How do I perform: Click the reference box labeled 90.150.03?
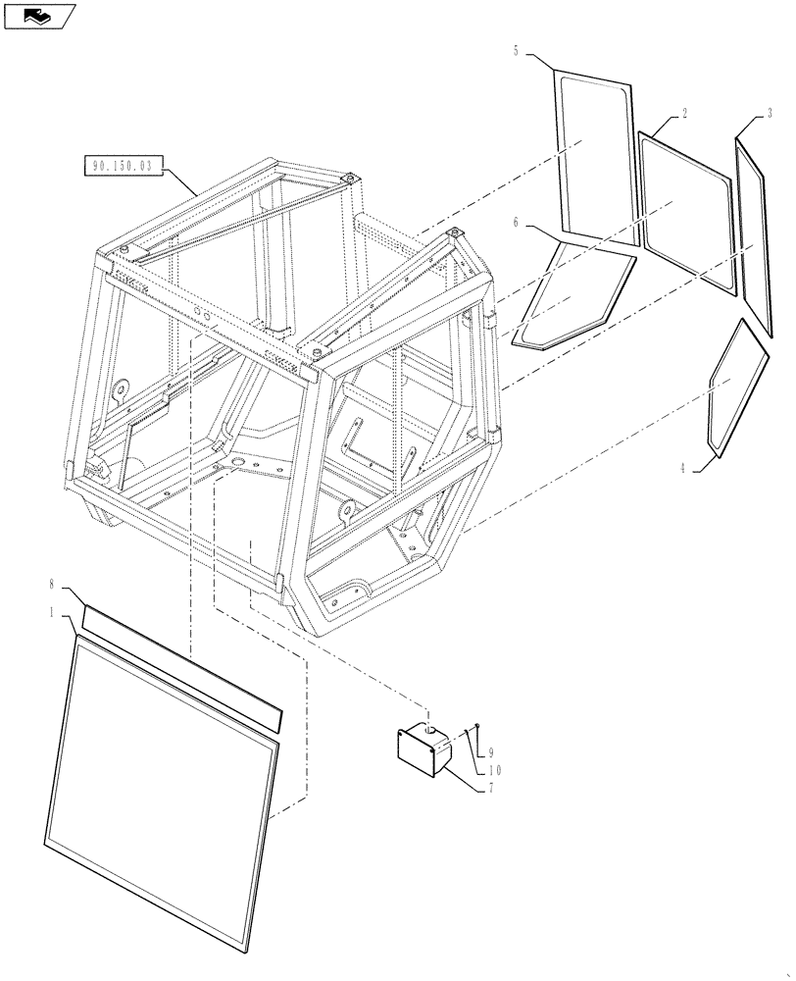[x=122, y=167]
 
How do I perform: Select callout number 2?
[x=683, y=115]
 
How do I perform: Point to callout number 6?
[x=516, y=224]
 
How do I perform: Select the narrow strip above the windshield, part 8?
[x=181, y=667]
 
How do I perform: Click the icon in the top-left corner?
[x=40, y=15]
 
